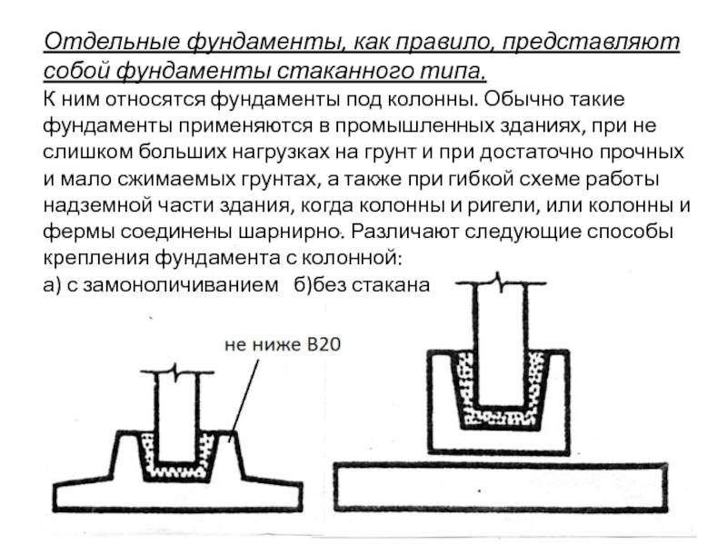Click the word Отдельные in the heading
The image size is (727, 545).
click(112, 42)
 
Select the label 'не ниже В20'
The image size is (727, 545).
click(283, 345)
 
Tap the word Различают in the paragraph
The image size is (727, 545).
click(404, 232)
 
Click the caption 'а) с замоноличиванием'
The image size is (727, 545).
click(161, 284)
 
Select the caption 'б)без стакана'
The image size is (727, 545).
click(362, 284)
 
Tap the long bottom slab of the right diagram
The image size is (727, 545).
click(501, 488)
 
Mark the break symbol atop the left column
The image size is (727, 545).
click(176, 372)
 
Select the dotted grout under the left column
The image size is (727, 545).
click(176, 471)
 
